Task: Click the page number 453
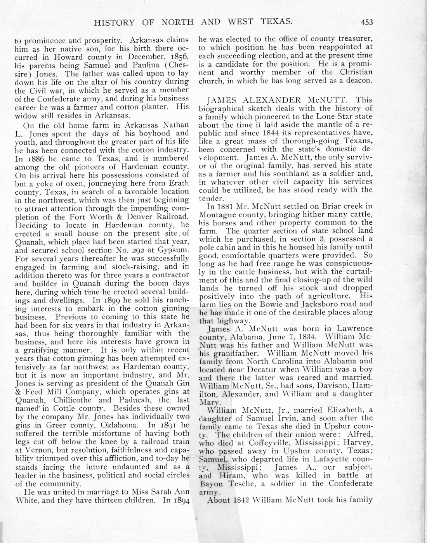point(366,22)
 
